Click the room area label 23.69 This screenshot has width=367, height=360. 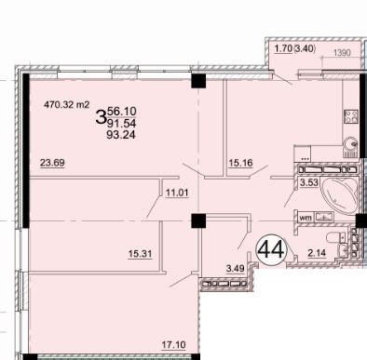pyautogui.click(x=52, y=163)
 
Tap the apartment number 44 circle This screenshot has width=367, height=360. pyautogui.click(x=271, y=249)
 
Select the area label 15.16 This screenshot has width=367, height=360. pyautogui.click(x=240, y=163)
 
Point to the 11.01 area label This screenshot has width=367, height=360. pyautogui.click(x=177, y=193)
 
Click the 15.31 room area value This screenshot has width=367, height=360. pyautogui.click(x=141, y=254)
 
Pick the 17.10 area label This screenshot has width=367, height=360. pyautogui.click(x=174, y=344)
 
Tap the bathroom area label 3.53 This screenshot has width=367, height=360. pyautogui.click(x=309, y=182)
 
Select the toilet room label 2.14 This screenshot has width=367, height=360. pyautogui.click(x=317, y=253)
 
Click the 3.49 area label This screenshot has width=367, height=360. pyautogui.click(x=235, y=268)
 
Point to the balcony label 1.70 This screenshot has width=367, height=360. pyautogui.click(x=283, y=48)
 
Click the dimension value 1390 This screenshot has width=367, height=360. pyautogui.click(x=342, y=53)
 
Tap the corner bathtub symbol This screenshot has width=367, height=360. pyautogui.click(x=340, y=195)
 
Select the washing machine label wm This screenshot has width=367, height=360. pyautogui.click(x=305, y=218)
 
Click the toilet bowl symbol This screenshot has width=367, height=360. pyautogui.click(x=335, y=239)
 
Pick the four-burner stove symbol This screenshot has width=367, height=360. pyautogui.click(x=351, y=116)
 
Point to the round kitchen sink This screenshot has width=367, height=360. pyautogui.click(x=350, y=143)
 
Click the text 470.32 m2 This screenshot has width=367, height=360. pyautogui.click(x=67, y=104)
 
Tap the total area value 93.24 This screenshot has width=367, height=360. pyautogui.click(x=121, y=135)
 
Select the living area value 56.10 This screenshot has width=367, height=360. pyautogui.click(x=121, y=111)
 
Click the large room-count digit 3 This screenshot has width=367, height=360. pyautogui.click(x=101, y=116)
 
